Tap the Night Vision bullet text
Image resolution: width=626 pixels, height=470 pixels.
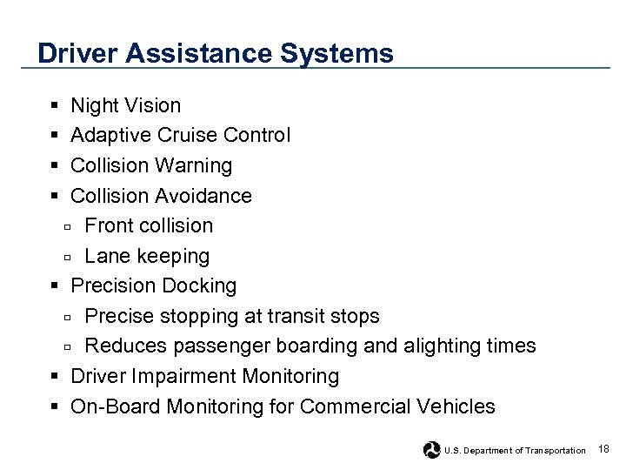pos(125,105)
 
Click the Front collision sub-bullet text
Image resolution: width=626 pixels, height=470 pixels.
pos(149,225)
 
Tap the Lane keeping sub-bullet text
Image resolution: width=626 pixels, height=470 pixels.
pos(147,256)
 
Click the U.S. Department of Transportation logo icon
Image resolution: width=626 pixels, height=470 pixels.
pos(431,450)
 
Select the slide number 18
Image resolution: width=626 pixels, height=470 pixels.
pos(604,449)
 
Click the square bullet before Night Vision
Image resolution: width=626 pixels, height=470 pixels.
pos(54,106)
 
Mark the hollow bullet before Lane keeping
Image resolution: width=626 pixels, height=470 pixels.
pos(67,257)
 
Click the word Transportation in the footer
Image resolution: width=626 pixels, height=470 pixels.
pos(556,451)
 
